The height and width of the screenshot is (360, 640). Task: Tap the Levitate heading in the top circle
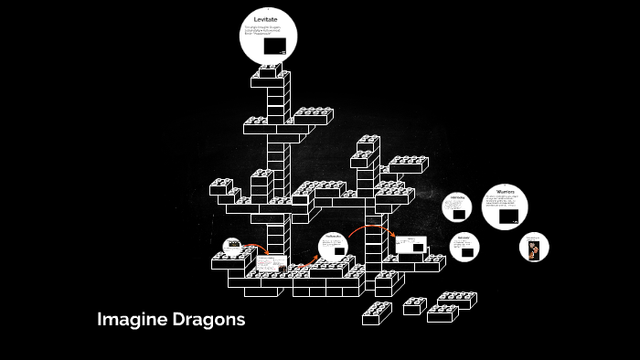point(265,19)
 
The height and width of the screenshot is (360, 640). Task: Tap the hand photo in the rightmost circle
point(534,248)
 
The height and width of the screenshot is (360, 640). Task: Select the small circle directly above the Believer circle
point(458,208)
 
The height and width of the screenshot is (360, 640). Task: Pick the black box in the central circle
point(334,250)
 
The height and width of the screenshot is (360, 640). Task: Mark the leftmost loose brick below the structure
point(377,313)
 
